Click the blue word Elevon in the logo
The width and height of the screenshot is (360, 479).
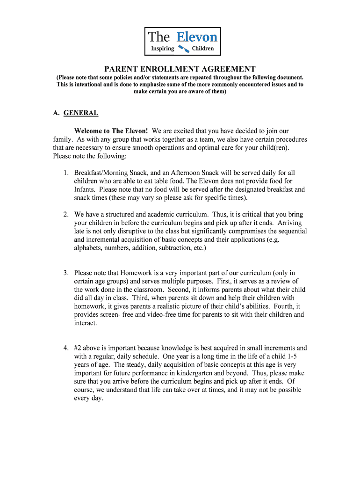point(196,36)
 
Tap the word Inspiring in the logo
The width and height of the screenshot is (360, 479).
point(162,48)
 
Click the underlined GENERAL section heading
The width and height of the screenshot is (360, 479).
point(81,113)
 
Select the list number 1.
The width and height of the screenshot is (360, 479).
point(66,173)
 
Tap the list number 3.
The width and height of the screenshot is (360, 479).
point(66,273)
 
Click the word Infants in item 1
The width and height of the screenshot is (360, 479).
point(86,189)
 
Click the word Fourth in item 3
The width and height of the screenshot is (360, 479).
point(280,306)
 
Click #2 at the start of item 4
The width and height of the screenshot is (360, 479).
point(79,348)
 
